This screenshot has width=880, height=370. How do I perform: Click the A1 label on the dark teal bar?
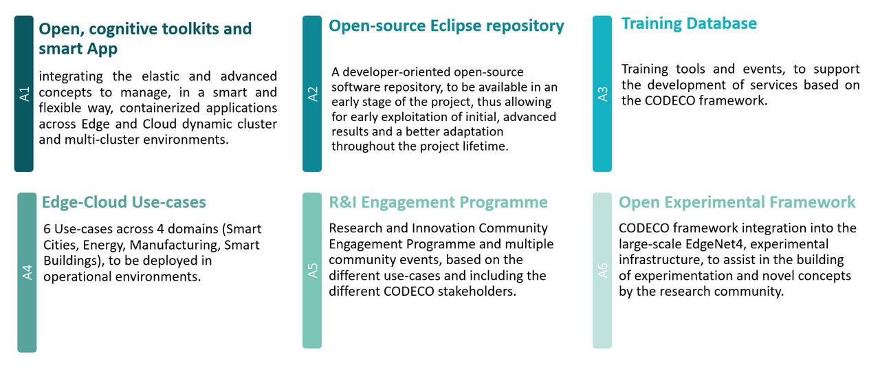[24, 94]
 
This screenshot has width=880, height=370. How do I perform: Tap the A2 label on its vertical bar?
[312, 94]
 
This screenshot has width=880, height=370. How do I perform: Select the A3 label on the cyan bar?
[602, 94]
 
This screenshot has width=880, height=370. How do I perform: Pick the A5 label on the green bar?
[312, 270]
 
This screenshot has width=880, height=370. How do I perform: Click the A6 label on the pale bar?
[602, 270]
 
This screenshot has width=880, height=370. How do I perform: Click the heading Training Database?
[689, 23]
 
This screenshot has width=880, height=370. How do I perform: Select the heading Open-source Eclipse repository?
[446, 26]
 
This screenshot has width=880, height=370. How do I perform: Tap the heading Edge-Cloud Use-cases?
[124, 202]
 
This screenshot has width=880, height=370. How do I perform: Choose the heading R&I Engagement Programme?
[438, 202]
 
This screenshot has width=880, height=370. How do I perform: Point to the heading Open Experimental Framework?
[737, 202]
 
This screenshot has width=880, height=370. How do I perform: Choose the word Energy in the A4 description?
[101, 245]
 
